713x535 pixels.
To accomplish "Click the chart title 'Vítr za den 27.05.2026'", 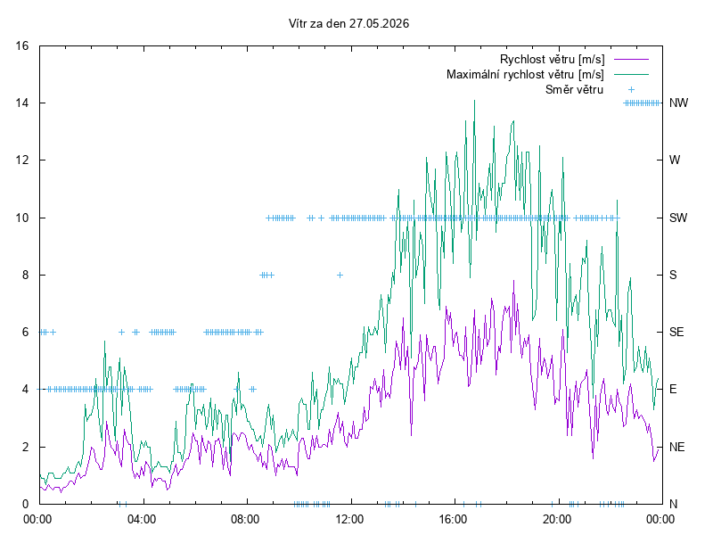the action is click(348, 23).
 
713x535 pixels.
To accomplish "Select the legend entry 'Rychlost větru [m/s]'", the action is click(552, 59).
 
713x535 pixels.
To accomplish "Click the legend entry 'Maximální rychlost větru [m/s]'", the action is click(525, 74).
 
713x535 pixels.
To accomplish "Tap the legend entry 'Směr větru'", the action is click(574, 89).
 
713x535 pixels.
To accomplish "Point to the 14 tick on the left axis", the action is click(21, 103).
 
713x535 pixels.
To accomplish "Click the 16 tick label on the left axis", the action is click(21, 45).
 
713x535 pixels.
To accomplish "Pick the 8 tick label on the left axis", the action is click(25, 275).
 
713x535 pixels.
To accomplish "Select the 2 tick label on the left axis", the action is click(25, 447).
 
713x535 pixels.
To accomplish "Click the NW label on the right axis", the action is click(678, 103).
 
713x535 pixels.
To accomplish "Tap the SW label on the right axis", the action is click(678, 218).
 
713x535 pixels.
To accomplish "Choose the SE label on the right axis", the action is click(676, 332).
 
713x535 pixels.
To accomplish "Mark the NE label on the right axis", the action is click(676, 447).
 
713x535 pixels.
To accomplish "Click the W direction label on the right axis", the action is click(675, 160).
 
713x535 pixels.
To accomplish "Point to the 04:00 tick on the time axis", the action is click(142, 519).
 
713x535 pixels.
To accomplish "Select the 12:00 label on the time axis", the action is click(349, 519).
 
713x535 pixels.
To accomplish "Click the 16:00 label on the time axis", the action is click(453, 519).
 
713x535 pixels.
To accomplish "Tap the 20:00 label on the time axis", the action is click(556, 519).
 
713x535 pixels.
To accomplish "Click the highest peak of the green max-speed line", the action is click(474, 101).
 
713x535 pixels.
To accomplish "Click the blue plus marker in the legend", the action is click(631, 90).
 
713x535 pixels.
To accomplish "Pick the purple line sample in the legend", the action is click(631, 59).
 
